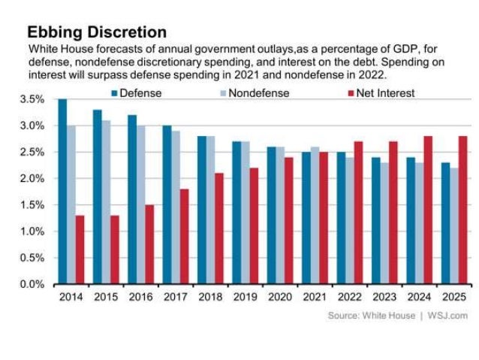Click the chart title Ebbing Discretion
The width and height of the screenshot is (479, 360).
coord(97,32)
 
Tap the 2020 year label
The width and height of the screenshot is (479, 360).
coord(279,297)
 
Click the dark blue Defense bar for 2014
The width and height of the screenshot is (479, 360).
coord(62,192)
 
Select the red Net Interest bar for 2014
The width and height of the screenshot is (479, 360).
coord(80,250)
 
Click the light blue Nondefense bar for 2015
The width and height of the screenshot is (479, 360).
coord(106,202)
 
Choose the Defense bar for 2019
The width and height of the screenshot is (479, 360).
coord(236,213)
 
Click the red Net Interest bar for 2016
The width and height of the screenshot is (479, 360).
coord(149,244)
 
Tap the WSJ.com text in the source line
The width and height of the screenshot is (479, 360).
coord(447,316)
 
